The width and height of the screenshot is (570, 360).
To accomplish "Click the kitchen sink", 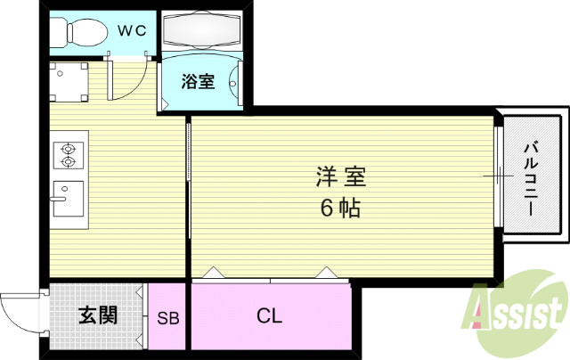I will coord(67,199).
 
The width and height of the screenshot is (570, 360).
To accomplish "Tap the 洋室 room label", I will coord(339,177).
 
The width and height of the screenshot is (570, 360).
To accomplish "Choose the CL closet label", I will coord(269,315).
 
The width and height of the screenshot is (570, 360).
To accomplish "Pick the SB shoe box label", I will coord(167,317).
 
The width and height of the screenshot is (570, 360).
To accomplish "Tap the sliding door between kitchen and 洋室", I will coord(188,169).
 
